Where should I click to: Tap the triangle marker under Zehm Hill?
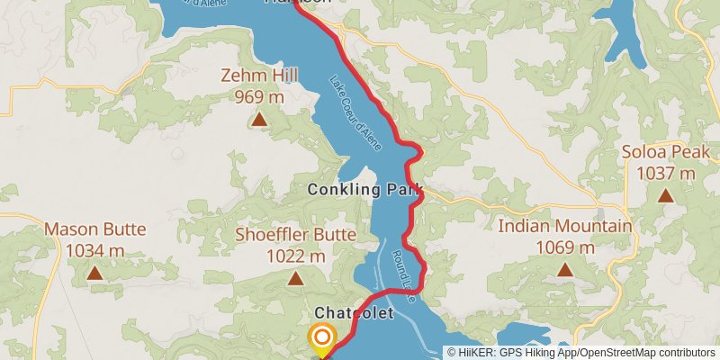259,119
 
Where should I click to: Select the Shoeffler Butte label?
295,236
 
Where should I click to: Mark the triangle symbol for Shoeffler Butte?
295,278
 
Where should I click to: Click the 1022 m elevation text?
295,256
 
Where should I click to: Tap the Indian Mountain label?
564,227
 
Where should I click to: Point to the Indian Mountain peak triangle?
564,269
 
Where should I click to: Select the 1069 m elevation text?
564,247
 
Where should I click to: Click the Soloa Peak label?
665,153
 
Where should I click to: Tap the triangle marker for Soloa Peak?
665,194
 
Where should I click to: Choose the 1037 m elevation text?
665,172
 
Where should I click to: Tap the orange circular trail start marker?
322,337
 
